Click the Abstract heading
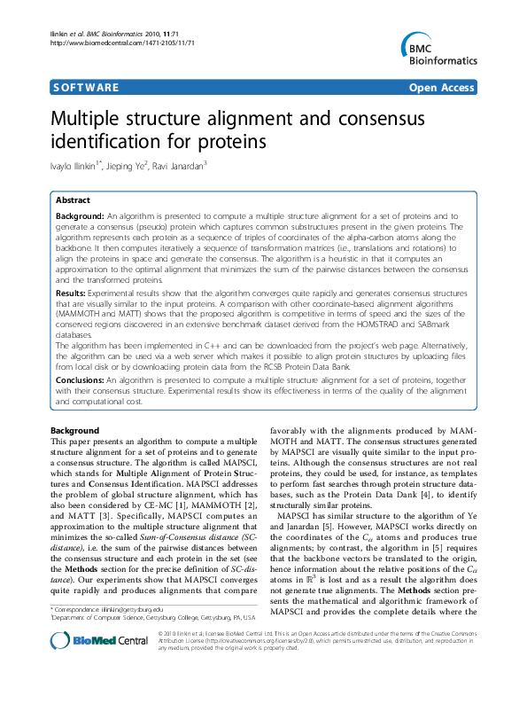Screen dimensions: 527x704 click(x=74, y=201)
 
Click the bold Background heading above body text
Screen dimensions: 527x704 click(x=74, y=431)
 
